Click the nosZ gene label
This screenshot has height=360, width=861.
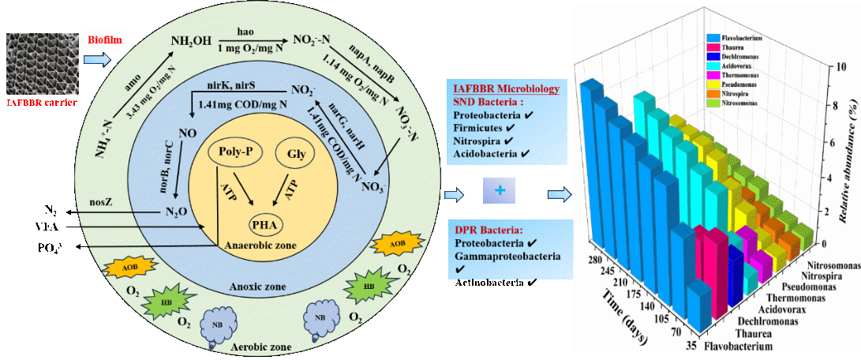[108, 201]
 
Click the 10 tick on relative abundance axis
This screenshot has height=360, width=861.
[823, 67]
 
